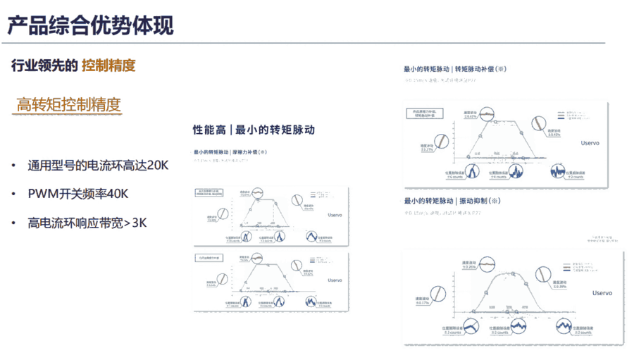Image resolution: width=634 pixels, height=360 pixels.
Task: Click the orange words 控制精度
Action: coord(108,66)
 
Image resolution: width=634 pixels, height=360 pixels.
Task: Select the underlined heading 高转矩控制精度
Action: coord(68,105)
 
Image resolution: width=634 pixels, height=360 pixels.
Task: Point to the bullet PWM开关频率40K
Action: coord(78,194)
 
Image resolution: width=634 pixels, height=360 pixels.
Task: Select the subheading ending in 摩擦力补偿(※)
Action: coord(231,151)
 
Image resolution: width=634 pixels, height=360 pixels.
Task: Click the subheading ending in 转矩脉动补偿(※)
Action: coord(454,69)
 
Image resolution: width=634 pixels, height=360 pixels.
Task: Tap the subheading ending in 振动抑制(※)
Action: coord(452,201)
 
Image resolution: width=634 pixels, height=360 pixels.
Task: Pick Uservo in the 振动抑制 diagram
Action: coord(602,292)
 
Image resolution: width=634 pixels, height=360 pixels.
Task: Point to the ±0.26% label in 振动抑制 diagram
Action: coord(470,268)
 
